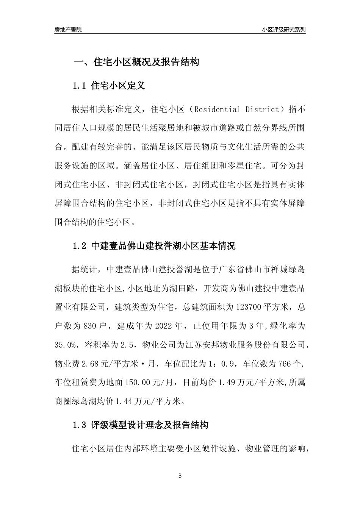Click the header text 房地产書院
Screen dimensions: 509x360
[68, 30]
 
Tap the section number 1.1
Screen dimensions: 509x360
[80, 86]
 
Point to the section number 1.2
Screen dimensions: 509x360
[80, 246]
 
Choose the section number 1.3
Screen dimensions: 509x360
[80, 425]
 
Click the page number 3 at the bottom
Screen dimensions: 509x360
[180, 476]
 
